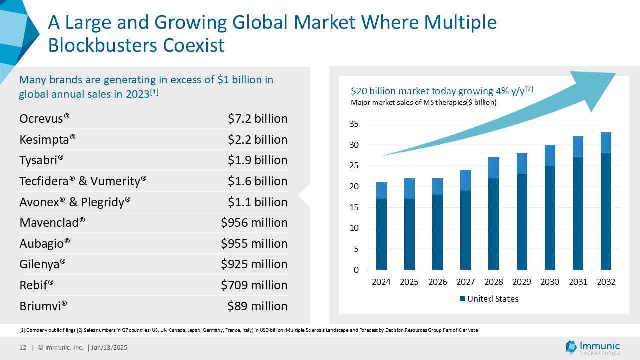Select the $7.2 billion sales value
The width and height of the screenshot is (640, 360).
click(257, 119)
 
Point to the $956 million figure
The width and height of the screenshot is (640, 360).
click(254, 223)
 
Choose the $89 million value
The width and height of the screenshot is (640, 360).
click(257, 306)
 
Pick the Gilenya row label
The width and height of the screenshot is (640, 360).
click(43, 264)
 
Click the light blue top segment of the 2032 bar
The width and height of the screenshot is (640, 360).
click(606, 143)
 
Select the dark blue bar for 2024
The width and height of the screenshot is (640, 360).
click(381, 235)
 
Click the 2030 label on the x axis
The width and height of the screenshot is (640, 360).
click(550, 282)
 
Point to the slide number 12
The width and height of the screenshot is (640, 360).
click(22, 348)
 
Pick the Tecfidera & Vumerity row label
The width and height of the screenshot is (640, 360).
click(83, 181)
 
